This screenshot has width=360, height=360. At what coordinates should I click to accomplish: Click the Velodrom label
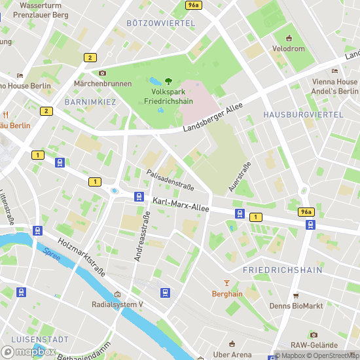tap(289, 48)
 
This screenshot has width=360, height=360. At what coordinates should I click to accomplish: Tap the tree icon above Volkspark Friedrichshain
tap(168, 81)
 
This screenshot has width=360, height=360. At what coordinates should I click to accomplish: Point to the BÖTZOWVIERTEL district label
tap(161, 23)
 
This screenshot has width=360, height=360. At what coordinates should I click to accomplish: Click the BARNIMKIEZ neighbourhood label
tap(90, 102)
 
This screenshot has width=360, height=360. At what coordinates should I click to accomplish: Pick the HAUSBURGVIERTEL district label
tap(303, 114)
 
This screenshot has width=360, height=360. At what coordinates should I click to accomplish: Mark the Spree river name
tap(52, 255)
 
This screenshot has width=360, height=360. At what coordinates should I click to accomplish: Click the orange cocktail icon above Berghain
tap(227, 283)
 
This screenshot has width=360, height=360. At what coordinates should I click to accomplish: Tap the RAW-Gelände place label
tap(314, 345)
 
